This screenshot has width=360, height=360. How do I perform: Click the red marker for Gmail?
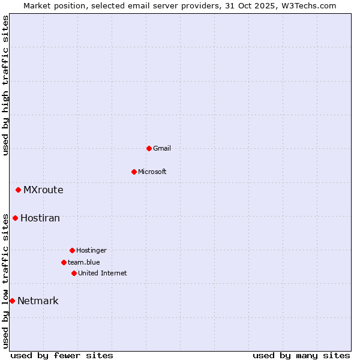tap(149, 148)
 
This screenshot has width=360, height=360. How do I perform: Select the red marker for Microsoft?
tap(134, 172)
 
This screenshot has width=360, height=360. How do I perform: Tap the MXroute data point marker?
tap(18, 190)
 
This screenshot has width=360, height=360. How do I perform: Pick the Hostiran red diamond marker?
tap(15, 218)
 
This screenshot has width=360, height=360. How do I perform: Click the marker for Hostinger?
tap(72, 250)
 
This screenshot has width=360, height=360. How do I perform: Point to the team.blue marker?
tap(64, 262)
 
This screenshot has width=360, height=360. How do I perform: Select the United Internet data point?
tap(74, 273)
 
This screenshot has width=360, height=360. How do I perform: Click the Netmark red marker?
tap(12, 301)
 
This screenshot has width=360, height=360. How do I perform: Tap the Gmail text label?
tap(162, 148)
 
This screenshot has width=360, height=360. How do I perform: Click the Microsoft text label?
tap(152, 172)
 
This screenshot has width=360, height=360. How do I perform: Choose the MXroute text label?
tap(43, 190)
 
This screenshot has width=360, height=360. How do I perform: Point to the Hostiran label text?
tap(40, 218)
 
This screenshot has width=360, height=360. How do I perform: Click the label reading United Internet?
tap(103, 273)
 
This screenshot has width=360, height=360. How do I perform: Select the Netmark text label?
tap(38, 301)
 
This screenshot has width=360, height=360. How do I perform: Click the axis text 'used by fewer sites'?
tap(62, 355)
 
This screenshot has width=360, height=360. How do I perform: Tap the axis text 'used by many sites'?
tap(301, 355)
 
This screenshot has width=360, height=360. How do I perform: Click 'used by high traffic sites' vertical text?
tap(6, 85)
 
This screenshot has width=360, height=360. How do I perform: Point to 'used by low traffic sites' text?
tap(6, 281)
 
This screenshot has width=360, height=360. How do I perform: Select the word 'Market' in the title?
tap(37, 5)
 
